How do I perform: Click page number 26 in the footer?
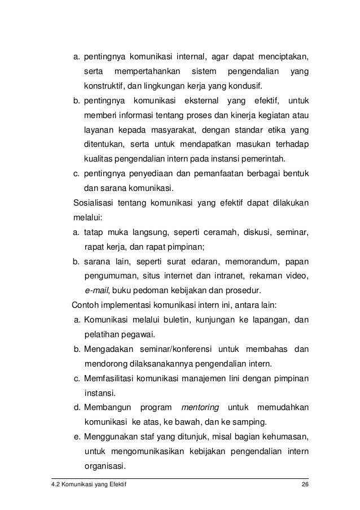point(305,486)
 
